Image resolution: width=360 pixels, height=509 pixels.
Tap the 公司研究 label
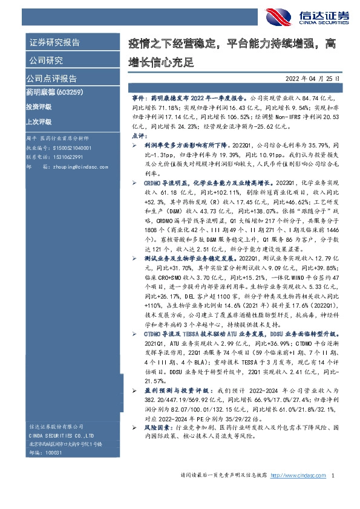(x=45, y=60)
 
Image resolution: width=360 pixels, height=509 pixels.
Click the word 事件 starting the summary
(x=137, y=97)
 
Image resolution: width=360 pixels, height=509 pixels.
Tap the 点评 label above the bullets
(x=138, y=137)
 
